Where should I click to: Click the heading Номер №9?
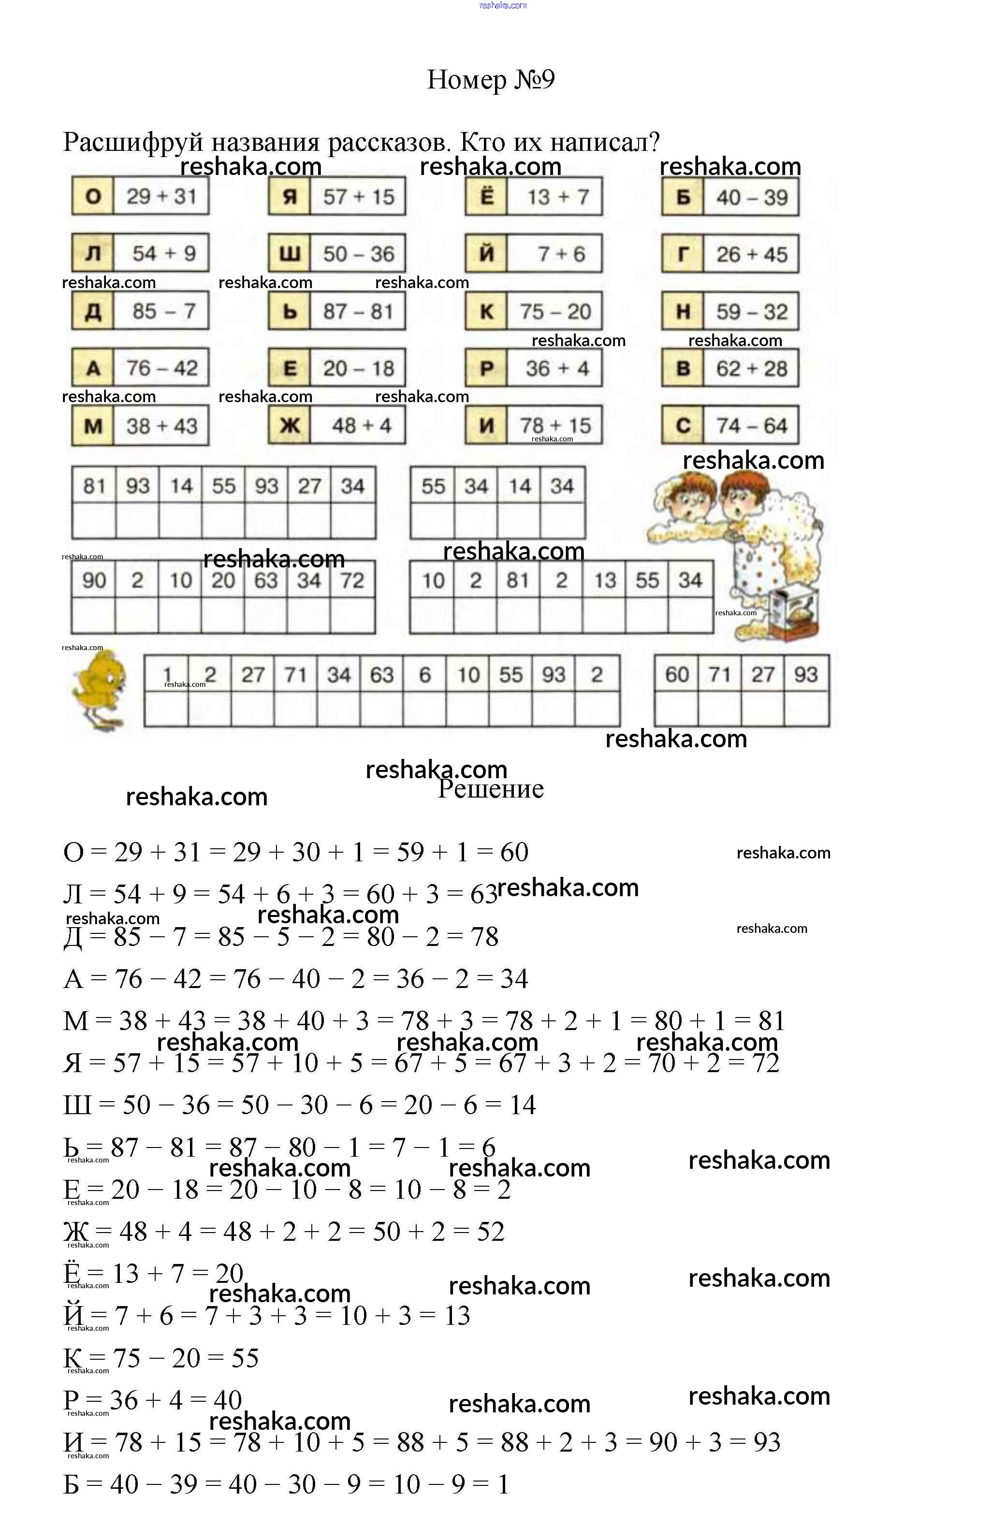(491, 80)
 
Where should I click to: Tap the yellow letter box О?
(93, 196)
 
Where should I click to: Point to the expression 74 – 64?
(751, 426)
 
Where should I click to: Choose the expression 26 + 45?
(751, 254)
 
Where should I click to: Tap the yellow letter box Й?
(487, 254)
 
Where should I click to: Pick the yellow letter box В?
(683, 368)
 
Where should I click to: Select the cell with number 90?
(94, 581)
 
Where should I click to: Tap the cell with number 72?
(352, 581)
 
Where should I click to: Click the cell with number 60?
(677, 675)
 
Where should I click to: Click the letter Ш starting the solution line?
(77, 1105)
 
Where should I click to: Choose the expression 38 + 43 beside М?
(162, 426)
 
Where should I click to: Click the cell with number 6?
(424, 675)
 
